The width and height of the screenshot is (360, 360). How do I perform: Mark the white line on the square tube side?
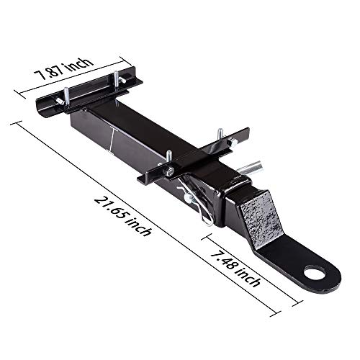coord(110,143)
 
